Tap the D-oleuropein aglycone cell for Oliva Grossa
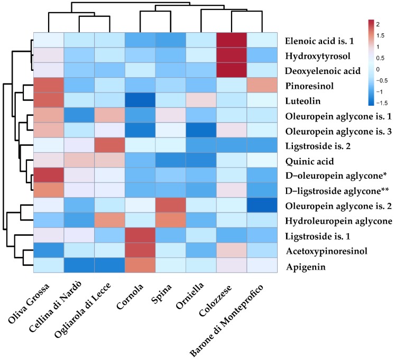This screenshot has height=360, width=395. (x=48, y=176)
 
